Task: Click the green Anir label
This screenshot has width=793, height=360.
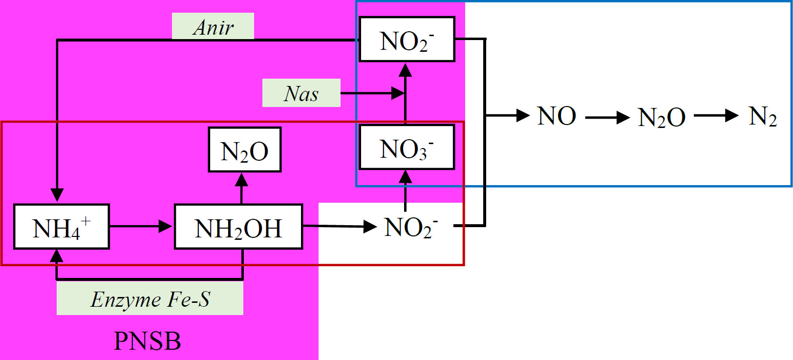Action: pyautogui.click(x=213, y=26)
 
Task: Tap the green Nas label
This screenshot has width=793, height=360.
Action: pyautogui.click(x=301, y=93)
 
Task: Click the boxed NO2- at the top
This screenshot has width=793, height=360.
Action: pyautogui.click(x=407, y=39)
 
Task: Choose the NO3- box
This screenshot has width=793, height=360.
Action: pyautogui.click(x=407, y=147)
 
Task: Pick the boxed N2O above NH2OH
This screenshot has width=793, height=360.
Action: pyautogui.click(x=245, y=149)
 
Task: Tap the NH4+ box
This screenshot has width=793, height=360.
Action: pyautogui.click(x=62, y=227)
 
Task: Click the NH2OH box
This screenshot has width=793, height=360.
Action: pyautogui.click(x=238, y=227)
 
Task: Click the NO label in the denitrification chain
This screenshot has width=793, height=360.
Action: pyautogui.click(x=557, y=116)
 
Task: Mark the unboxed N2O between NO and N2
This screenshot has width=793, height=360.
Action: pyautogui.click(x=661, y=117)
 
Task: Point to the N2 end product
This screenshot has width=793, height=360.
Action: pyautogui.click(x=763, y=116)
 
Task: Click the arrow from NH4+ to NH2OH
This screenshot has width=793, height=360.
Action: pyautogui.click(x=141, y=226)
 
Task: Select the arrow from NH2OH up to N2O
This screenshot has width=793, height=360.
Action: pyautogui.click(x=241, y=189)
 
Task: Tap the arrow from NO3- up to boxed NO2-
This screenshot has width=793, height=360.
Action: pyautogui.click(x=406, y=94)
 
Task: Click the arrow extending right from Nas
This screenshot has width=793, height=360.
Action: pyautogui.click(x=372, y=93)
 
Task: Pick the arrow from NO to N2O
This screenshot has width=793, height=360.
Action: pyautogui.click(x=607, y=117)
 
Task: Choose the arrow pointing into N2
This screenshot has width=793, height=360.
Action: pyautogui.click(x=716, y=116)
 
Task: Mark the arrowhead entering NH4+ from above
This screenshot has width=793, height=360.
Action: pyautogui.click(x=57, y=195)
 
